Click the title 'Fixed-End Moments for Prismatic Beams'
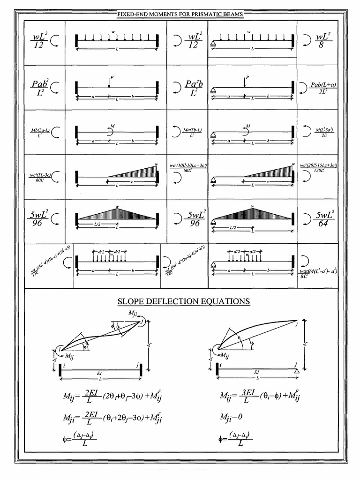[180, 15]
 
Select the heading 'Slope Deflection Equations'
[180, 301]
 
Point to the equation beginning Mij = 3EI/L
[260, 398]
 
